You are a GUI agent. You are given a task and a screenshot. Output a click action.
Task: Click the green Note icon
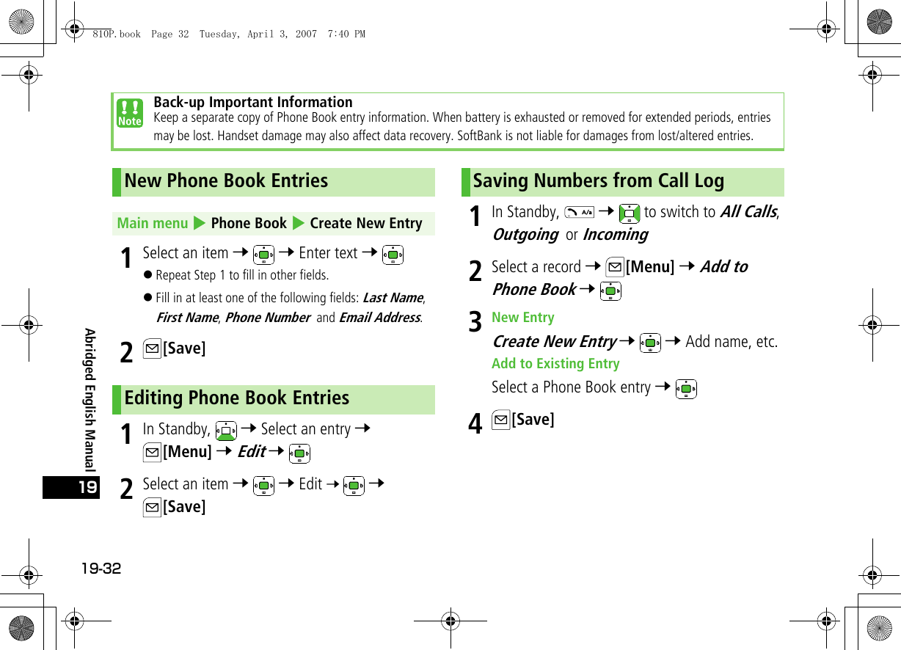[130, 114]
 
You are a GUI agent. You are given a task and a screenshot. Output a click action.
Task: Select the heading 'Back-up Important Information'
[253, 102]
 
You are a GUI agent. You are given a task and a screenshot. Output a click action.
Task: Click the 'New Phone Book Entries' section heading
[226, 181]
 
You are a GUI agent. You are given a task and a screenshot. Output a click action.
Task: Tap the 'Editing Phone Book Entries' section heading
[236, 398]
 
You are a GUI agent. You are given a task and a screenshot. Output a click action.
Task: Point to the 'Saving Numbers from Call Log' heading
[598, 181]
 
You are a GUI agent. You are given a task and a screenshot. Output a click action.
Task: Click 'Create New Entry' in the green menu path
[365, 223]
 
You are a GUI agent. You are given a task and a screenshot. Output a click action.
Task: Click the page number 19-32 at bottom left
[101, 569]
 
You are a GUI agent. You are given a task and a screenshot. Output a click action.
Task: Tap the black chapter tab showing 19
[71, 487]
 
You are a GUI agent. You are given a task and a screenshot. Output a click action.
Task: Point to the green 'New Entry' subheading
[522, 318]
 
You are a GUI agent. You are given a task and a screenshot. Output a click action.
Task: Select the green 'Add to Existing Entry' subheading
[555, 364]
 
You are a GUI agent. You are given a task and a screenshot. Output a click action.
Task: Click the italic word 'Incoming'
[615, 235]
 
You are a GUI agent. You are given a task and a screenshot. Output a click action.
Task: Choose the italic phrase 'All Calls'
[748, 212]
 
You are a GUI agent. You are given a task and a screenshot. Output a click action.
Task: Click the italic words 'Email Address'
[379, 318]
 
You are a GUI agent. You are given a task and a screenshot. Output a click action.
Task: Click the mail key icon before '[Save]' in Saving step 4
[500, 420]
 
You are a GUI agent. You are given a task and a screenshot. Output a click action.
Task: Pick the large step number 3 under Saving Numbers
[475, 322]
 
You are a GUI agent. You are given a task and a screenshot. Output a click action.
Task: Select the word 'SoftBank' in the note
[479, 136]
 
